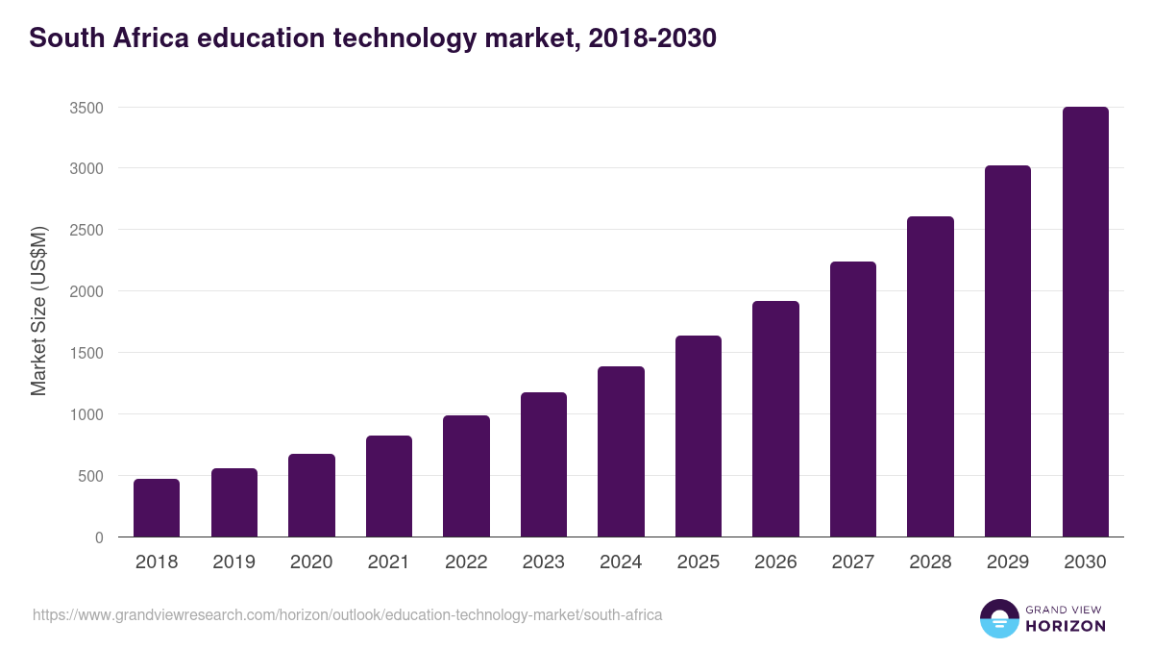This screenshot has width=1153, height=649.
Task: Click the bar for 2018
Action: tap(157, 508)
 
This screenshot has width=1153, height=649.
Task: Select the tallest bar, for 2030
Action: tap(1085, 322)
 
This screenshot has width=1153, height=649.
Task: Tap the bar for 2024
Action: tap(621, 452)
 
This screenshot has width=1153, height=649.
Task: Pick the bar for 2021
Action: tap(389, 487)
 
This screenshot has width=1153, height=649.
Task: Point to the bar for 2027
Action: tap(853, 399)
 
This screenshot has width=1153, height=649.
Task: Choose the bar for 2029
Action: tap(1008, 351)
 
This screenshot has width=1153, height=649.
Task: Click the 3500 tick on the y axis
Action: tap(86, 108)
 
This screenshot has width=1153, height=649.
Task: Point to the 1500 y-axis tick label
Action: tap(86, 353)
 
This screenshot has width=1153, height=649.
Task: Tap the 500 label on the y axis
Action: tap(90, 476)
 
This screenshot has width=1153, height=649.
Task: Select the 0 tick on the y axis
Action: tap(99, 537)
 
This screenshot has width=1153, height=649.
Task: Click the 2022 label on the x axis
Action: tap(466, 562)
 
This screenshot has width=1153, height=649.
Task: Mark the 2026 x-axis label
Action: tap(775, 562)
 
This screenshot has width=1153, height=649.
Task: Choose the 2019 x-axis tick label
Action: tap(233, 562)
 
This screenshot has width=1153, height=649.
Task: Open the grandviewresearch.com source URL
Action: tap(347, 614)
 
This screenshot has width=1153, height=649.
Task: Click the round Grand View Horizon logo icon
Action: tap(999, 618)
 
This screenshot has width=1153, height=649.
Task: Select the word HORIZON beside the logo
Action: tap(1066, 626)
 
